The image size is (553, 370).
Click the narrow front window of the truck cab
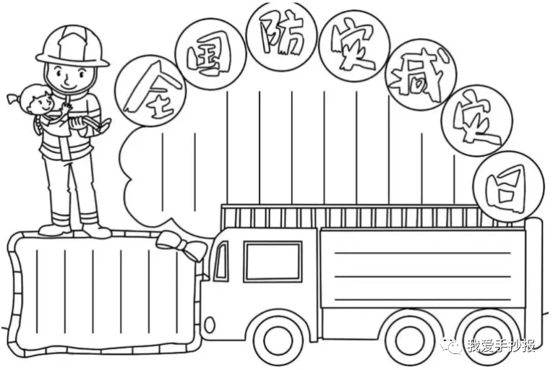(x=220, y=262)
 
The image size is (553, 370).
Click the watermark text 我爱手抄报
(x=501, y=347)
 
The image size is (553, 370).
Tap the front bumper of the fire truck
(x=210, y=323)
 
